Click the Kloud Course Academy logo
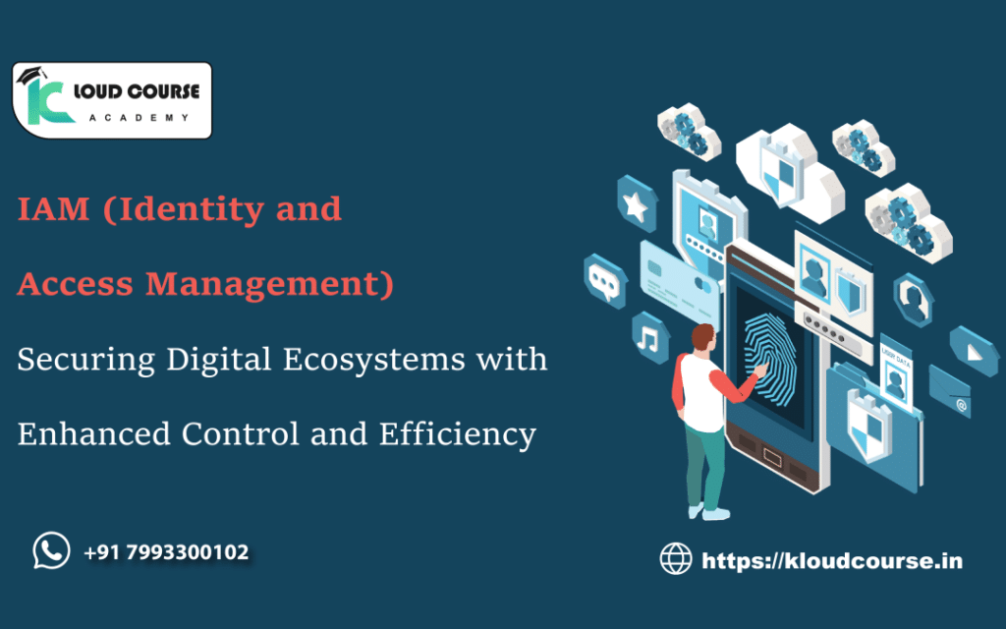click(x=111, y=100)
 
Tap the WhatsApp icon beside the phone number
click(x=51, y=550)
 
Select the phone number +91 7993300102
click(x=166, y=552)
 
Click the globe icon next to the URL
click(x=676, y=560)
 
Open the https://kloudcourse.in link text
click(x=831, y=561)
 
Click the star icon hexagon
click(x=637, y=206)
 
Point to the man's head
click(x=704, y=338)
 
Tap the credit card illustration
click(x=678, y=274)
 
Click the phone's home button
click(x=771, y=457)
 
